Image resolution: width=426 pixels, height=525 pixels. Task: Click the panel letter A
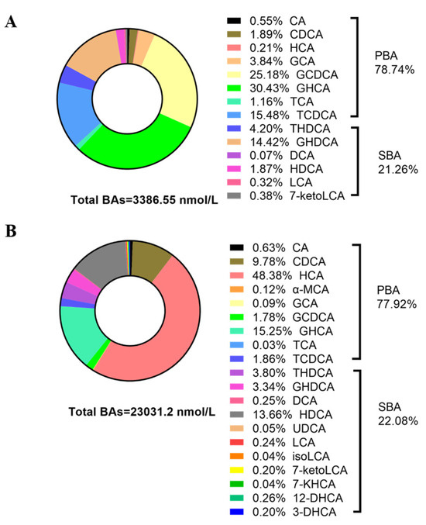pos(12,22)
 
